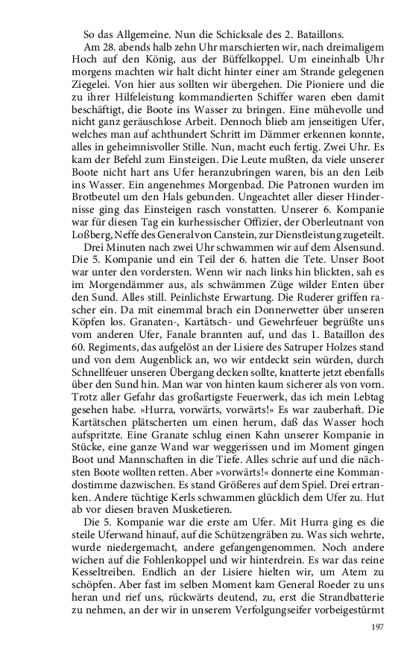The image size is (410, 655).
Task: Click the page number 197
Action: (x=376, y=627)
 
